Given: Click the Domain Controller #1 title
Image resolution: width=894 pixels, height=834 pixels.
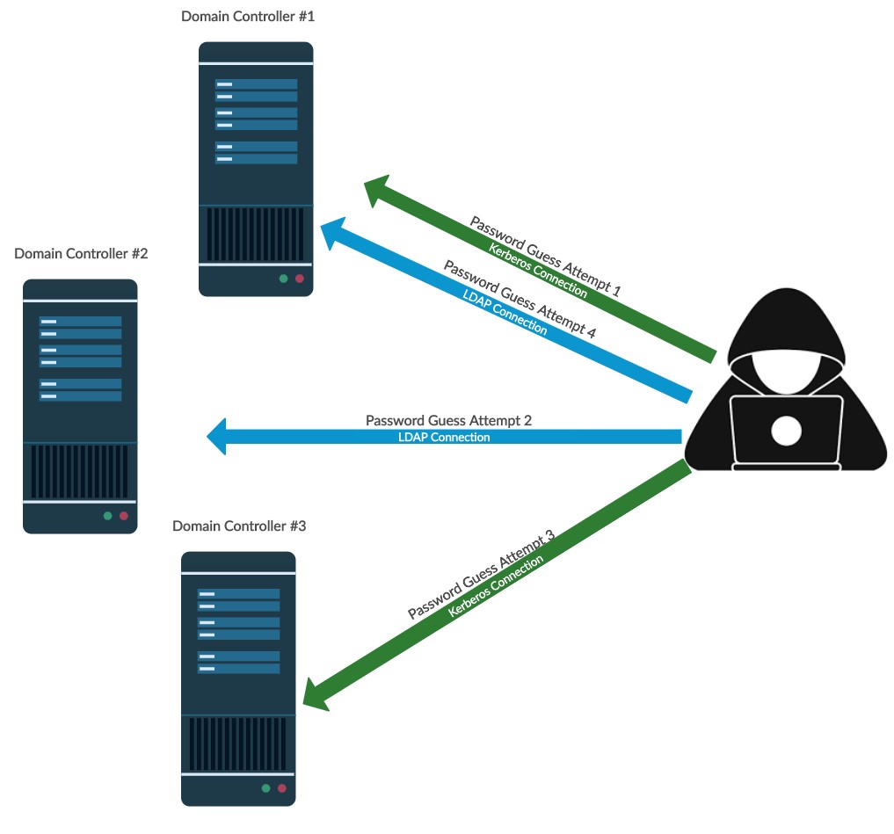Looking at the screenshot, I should pyautogui.click(x=246, y=17).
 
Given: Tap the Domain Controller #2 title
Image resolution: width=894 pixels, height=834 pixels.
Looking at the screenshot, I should pyautogui.click(x=81, y=254).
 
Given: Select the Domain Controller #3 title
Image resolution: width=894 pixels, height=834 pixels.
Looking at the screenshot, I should pyautogui.click(x=239, y=526).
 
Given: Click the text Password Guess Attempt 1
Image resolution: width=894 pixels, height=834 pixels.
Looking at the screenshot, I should pyautogui.click(x=545, y=256).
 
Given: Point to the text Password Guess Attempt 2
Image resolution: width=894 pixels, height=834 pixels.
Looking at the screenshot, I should pyautogui.click(x=448, y=421).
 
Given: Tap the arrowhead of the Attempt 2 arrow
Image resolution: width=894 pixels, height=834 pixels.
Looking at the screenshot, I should pyautogui.click(x=217, y=437).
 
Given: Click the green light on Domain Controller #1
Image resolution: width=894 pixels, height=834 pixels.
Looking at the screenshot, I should pyautogui.click(x=283, y=279).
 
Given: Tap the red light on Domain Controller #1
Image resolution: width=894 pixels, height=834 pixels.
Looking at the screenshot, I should pyautogui.click(x=299, y=279).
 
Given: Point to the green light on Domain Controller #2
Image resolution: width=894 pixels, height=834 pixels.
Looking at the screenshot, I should pyautogui.click(x=107, y=516).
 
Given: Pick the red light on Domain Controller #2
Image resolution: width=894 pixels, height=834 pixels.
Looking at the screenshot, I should pyautogui.click(x=123, y=516).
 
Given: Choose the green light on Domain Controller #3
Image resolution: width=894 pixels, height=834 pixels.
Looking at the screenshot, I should pyautogui.click(x=265, y=788).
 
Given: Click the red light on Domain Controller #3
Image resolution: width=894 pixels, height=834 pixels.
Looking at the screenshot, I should pyautogui.click(x=281, y=788).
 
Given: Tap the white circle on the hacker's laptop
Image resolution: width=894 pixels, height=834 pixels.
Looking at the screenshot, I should pyautogui.click(x=786, y=431).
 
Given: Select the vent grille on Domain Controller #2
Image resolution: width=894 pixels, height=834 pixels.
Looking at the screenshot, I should pyautogui.click(x=80, y=472).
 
